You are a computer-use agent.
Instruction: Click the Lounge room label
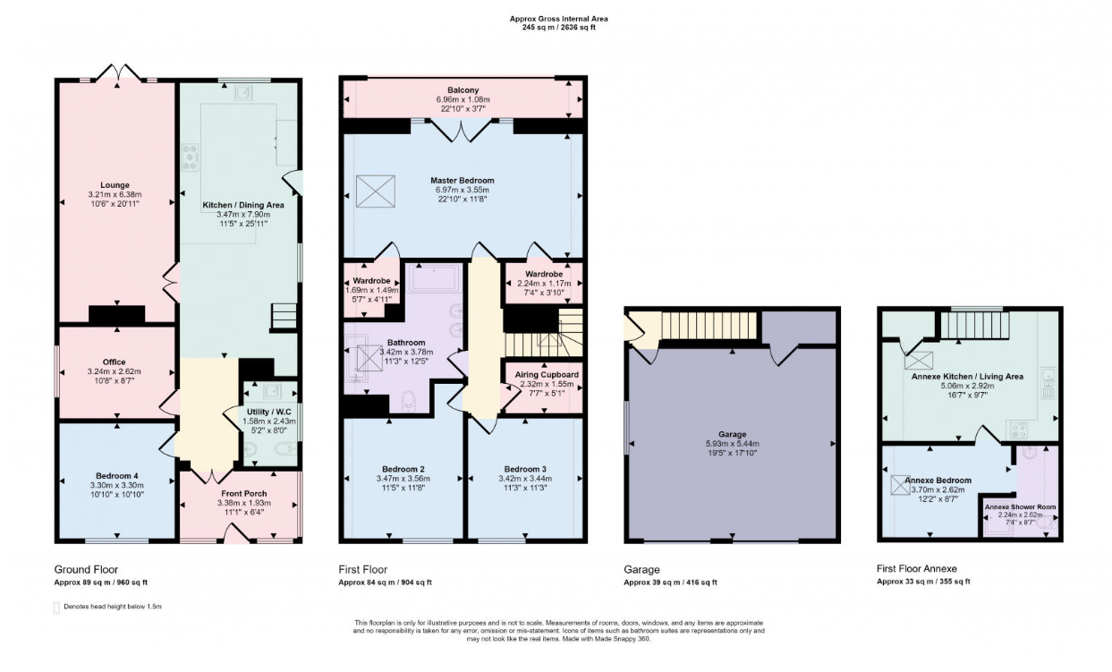[x=115, y=185]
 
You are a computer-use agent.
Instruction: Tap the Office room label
[x=115, y=362]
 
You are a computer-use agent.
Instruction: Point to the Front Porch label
[x=243, y=493]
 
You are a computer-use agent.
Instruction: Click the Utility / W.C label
[x=269, y=412]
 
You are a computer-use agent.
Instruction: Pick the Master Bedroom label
[x=463, y=180]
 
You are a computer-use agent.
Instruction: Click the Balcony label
[x=463, y=89]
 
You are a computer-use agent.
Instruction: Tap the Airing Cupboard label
[x=547, y=375]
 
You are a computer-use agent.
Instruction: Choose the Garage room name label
[x=732, y=434]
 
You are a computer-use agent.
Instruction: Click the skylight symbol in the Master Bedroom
[x=376, y=191]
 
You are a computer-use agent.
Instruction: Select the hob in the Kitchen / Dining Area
[x=190, y=157]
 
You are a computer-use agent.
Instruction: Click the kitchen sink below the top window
[x=243, y=93]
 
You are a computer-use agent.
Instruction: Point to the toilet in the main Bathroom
[x=409, y=401]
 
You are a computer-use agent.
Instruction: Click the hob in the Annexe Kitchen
[x=1016, y=430]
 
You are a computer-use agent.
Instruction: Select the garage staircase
[x=709, y=326]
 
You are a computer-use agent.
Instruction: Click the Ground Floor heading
[x=86, y=570]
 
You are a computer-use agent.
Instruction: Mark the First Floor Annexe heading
[x=917, y=569]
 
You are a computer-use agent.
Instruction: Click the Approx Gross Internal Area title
[x=558, y=19]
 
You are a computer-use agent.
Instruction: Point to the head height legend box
[x=56, y=608]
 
